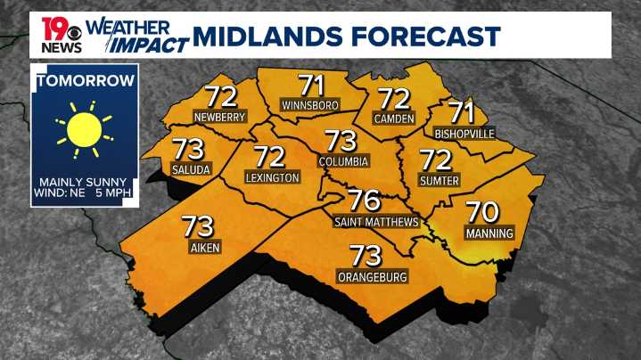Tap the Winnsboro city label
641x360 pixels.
click(310, 105)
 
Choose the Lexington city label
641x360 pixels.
click(272, 178)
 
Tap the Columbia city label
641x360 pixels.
click(343, 161)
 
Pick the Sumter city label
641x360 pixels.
click(439, 181)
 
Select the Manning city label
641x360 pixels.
click(489, 233)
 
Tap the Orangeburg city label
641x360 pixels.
click(372, 277)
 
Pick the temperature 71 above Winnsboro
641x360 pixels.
click(311, 86)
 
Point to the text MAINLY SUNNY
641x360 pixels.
click(86, 183)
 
